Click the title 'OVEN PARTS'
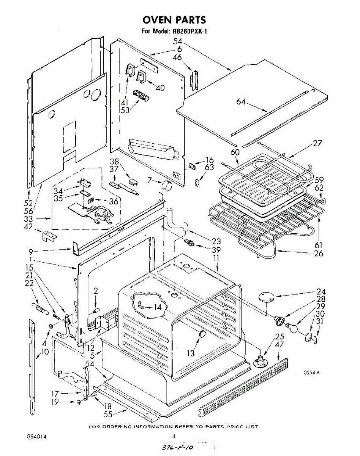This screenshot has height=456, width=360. [174, 19]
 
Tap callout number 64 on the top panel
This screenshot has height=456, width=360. [241, 102]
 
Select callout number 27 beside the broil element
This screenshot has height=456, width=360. [317, 143]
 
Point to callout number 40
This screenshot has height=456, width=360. [160, 88]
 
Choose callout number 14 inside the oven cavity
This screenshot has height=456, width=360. [157, 307]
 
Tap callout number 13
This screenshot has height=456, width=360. [191, 353]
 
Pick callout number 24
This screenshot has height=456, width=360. [321, 292]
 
